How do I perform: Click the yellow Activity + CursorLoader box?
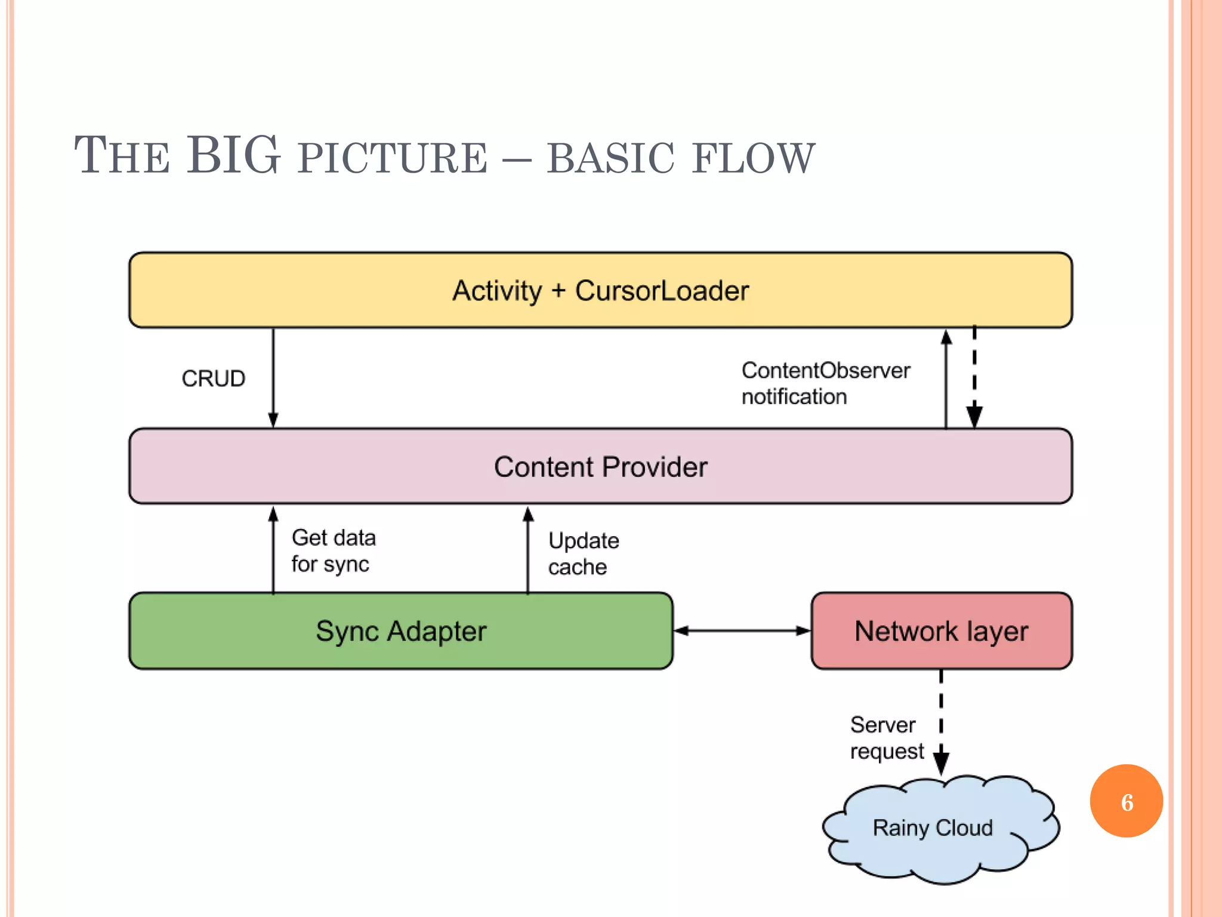[x=600, y=290]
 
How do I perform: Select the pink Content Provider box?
[x=600, y=466]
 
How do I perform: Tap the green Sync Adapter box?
[x=401, y=631]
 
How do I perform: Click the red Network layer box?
[x=941, y=631]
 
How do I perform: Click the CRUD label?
[x=214, y=379]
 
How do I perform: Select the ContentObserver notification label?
[x=825, y=383]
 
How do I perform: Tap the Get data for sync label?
[x=333, y=550]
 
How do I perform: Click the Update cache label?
[x=583, y=553]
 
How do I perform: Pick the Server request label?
[x=886, y=738]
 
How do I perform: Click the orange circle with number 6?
[x=1126, y=801]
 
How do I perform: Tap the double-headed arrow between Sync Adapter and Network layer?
[x=742, y=630]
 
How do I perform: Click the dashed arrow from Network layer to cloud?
[x=941, y=722]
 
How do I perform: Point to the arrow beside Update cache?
[x=528, y=549]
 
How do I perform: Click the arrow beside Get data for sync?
[x=273, y=549]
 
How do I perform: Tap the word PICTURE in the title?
[x=393, y=158]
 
